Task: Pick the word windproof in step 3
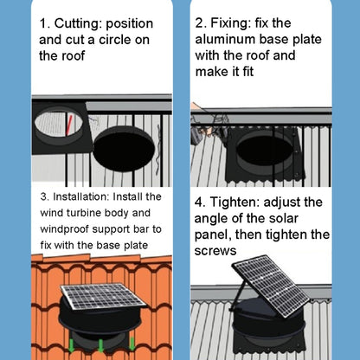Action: tap(68, 228)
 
